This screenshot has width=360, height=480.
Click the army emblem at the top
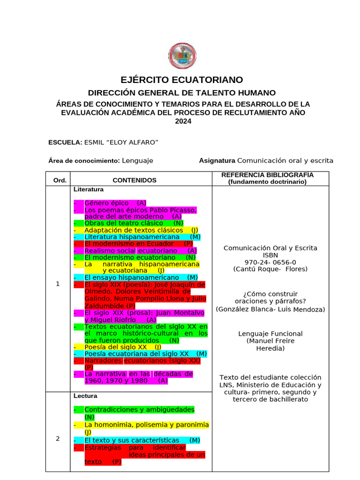point(182,57)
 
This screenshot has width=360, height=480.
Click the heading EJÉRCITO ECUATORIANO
point(182,80)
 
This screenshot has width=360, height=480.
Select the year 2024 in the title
point(183,121)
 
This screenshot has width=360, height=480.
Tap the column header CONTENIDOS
point(135,180)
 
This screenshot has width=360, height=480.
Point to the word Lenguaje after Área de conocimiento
point(137,160)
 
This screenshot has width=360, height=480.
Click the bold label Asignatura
point(217,160)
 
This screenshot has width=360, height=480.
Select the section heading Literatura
point(89,189)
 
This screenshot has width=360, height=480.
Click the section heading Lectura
point(85,396)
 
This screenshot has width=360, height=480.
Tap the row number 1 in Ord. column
point(58,284)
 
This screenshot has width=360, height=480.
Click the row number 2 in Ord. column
point(58,438)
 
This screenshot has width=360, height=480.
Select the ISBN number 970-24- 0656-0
point(270,262)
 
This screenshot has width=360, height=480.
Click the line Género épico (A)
point(115,203)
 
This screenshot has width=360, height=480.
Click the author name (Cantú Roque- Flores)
point(270,269)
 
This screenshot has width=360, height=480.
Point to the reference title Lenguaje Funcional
point(270,334)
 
